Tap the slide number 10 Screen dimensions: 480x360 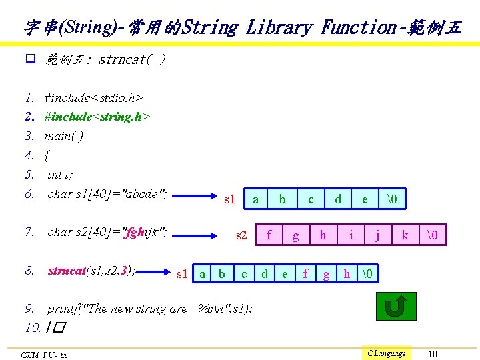pos(433,353)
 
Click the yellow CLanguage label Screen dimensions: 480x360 pos(386,353)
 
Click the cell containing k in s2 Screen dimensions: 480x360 pos(405,235)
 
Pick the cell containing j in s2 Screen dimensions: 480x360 pos(377,235)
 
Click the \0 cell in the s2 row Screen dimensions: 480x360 pos(432,235)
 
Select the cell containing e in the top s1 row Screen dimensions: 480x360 pos(365,199)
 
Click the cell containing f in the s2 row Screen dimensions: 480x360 pos(269,235)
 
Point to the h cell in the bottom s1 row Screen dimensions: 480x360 pos(347,273)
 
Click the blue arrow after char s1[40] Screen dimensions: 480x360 pos(195,197)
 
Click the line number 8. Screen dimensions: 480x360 pos(29,271)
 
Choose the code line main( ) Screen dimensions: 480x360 pos(63,136)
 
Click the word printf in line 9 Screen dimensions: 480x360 pos(62,309)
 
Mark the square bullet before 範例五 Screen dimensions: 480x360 pos(30,60)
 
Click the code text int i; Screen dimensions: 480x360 pos(60,175)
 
